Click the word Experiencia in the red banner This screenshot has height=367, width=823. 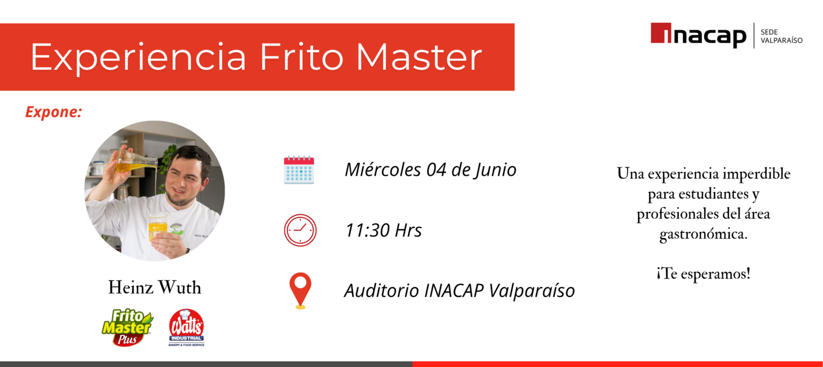coord(138,57)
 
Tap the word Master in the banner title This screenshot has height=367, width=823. coord(419,57)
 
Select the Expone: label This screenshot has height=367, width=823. coord(53,112)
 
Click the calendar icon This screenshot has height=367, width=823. coord(299,170)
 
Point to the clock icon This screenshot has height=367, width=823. coord(300,230)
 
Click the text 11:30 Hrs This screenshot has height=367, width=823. coord(383,230)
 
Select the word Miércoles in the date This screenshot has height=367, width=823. coord(383,170)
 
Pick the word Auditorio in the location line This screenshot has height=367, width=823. coord(381,290)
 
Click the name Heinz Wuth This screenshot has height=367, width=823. coord(155,287)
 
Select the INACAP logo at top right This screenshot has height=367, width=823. coord(698,35)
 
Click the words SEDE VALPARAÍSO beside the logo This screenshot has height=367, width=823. coord(781,36)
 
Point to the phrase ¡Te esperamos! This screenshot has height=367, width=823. coord(703,274)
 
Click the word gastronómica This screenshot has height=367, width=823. coord(703,234)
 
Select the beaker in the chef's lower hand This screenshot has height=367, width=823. coord(157,227)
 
